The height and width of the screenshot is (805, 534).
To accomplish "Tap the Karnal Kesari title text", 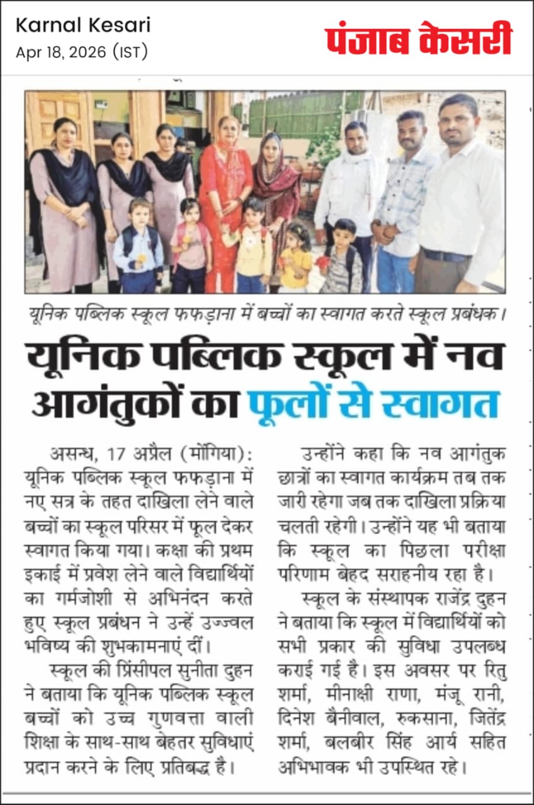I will (x=83, y=26).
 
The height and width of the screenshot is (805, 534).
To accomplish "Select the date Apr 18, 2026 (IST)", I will (x=82, y=52).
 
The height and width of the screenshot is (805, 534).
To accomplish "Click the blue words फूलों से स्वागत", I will (x=373, y=403).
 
